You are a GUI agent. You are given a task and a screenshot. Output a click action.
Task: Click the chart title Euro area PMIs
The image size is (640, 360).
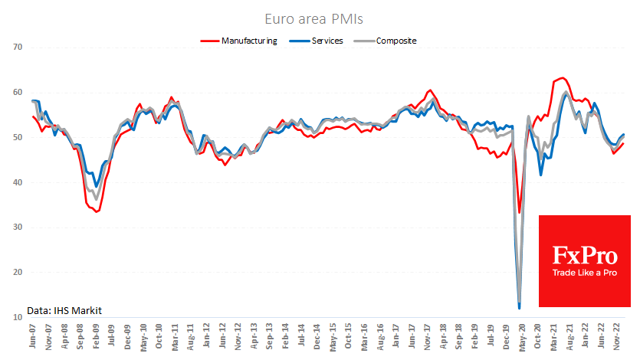click(320, 18)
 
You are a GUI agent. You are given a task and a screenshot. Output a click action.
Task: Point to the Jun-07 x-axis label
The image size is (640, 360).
click(33, 337)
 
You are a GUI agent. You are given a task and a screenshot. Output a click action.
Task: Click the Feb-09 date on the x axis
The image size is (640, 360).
click(97, 337)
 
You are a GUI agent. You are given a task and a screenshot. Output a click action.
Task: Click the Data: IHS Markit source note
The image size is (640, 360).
click(64, 310)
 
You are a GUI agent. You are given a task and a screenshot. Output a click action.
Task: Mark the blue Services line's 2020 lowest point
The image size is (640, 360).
click(520, 308)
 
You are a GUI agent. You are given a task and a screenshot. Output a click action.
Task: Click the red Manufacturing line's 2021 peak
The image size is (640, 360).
click(563, 78)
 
